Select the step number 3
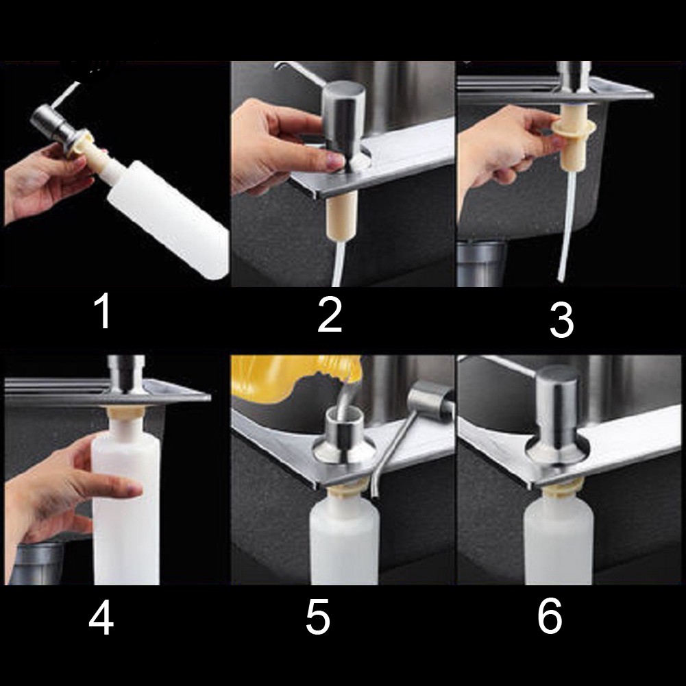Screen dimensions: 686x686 click(561, 320)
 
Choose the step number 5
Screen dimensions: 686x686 click(317, 617)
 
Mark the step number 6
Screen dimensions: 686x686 click(550, 617)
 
